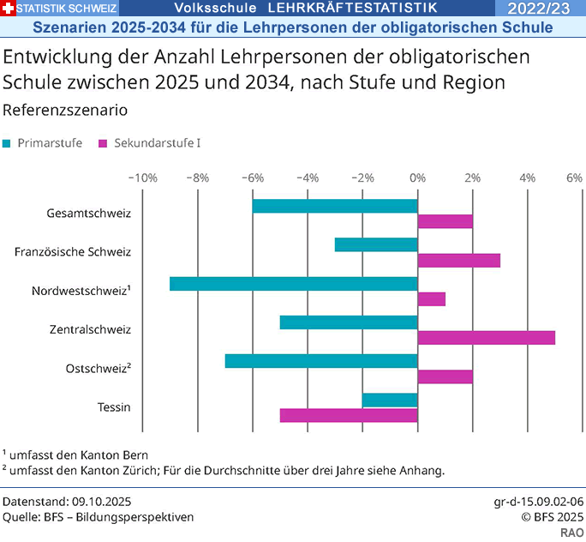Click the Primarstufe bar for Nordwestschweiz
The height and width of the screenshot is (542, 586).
293,284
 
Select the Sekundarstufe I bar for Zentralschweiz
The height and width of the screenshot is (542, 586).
486,337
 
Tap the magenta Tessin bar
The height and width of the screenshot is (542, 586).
349,415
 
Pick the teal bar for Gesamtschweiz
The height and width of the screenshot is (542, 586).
335,206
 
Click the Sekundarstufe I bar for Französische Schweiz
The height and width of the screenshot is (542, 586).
458,260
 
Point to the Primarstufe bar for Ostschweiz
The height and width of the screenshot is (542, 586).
321,361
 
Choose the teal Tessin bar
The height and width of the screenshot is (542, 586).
390,400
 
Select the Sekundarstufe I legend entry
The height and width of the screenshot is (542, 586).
151,143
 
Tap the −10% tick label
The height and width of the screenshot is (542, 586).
141,178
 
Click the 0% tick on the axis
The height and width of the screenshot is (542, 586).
417,178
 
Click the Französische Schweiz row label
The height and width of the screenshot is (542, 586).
73,252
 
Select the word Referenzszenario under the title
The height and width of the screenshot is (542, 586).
65,111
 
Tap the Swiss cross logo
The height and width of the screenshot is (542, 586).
8,9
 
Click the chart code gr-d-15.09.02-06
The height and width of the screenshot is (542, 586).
539,500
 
